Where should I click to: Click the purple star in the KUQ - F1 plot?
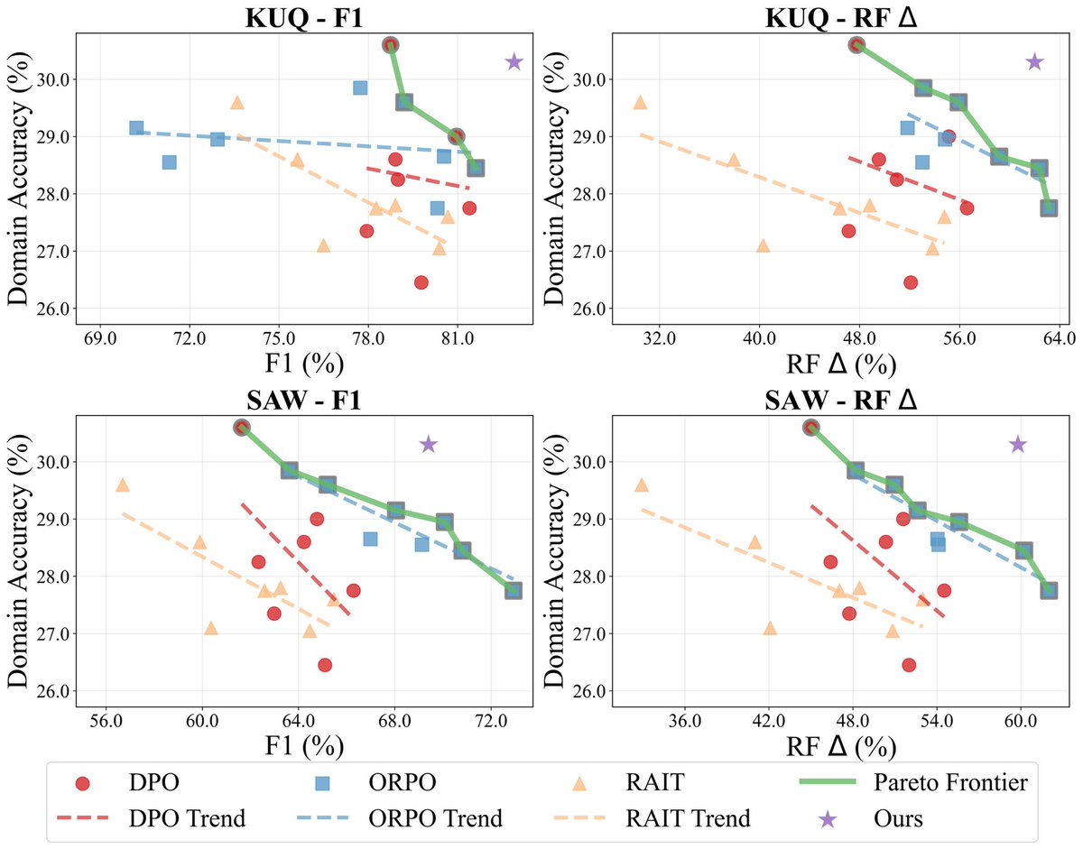pos(514,61)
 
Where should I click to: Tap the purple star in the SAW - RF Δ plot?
pos(1018,444)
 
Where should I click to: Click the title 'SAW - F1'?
pos(304,400)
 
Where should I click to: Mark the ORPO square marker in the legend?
pos(329,781)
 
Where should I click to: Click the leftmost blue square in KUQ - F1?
pos(136,128)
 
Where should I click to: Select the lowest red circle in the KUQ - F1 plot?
pos(421,282)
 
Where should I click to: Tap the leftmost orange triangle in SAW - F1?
pos(123,485)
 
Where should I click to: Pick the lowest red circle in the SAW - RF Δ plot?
pos(909,665)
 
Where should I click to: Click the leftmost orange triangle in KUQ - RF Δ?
pos(640,103)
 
